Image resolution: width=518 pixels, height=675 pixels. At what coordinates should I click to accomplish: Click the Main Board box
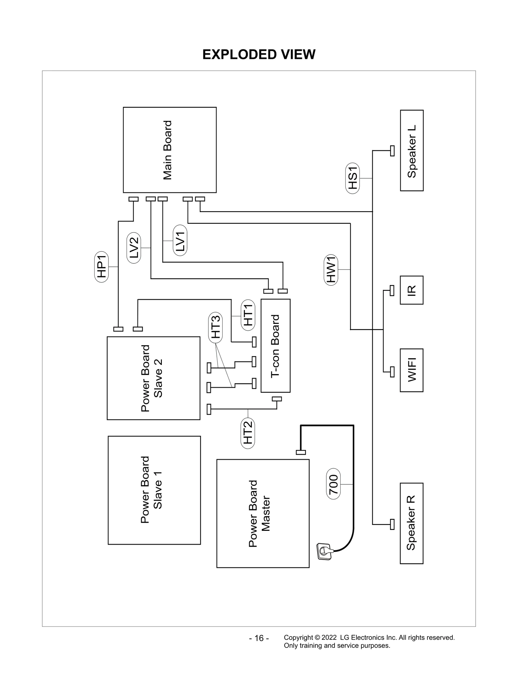pyautogui.click(x=170, y=150)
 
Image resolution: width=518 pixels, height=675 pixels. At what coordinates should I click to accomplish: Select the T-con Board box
pyautogui.click(x=275, y=346)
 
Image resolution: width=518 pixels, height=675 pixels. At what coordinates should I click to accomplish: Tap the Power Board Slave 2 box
pyautogui.click(x=153, y=378)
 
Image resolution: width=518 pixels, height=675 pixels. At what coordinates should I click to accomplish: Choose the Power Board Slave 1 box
pyautogui.click(x=154, y=490)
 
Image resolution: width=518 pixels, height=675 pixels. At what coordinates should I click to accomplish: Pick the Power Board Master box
pyautogui.click(x=263, y=513)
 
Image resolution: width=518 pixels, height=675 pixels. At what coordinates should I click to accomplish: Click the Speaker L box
pyautogui.click(x=411, y=151)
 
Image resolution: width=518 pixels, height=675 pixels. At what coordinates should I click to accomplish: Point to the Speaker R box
pyautogui.click(x=411, y=523)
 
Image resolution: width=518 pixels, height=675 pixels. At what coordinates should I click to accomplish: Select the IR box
pyautogui.click(x=411, y=290)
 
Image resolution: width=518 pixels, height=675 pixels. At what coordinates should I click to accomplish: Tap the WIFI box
pyautogui.click(x=411, y=370)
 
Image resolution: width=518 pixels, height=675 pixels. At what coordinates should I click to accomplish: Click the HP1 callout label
pyautogui.click(x=102, y=267)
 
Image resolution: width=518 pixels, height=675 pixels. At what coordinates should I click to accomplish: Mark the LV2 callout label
pyautogui.click(x=134, y=248)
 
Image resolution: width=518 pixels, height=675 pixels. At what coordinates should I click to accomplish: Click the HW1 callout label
pyautogui.click(x=331, y=269)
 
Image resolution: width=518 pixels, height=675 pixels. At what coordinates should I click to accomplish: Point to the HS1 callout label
pyautogui.click(x=353, y=178)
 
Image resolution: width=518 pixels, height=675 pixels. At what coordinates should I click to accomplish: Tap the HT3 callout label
pyautogui.click(x=216, y=327)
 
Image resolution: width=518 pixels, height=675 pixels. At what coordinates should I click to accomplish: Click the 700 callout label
pyautogui.click(x=333, y=484)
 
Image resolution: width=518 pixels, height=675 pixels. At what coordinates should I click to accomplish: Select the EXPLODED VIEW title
pyautogui.click(x=259, y=54)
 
